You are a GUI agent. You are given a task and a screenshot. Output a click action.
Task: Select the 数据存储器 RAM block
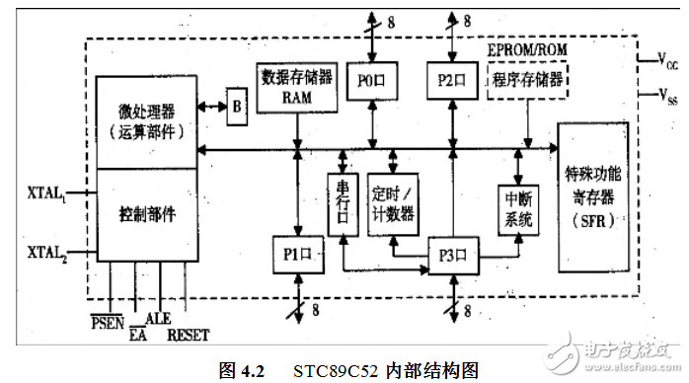tap(296, 87)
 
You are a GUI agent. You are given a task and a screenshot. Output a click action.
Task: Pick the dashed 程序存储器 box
tap(526, 80)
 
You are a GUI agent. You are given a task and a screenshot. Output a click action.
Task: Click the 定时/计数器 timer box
tap(392, 201)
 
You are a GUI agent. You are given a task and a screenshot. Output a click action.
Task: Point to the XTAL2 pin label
tap(44, 251)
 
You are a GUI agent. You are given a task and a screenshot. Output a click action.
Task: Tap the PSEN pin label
tap(108, 321)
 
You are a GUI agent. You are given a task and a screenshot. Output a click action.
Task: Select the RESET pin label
tap(188, 335)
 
